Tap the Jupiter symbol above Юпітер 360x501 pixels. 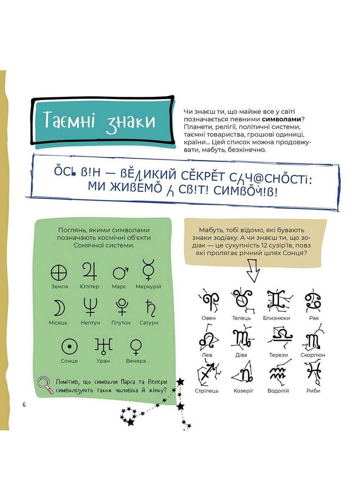point(90,272)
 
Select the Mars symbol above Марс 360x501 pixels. point(120,272)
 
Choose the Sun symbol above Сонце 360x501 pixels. point(69,347)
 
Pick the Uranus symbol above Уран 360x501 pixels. point(103,345)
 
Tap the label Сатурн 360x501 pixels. point(149,323)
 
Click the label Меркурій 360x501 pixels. point(149,286)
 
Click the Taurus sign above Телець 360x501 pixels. point(241,300)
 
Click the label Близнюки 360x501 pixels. point(277,318)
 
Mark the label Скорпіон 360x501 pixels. point(313,355)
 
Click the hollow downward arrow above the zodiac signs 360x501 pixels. point(253,270)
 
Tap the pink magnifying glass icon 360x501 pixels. point(45,385)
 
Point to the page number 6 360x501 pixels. point(24,405)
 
